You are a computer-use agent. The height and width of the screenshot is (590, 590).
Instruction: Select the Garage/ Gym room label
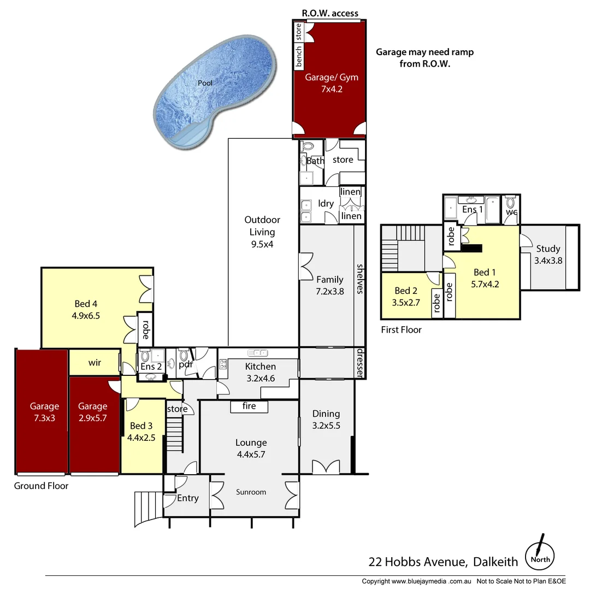(331, 82)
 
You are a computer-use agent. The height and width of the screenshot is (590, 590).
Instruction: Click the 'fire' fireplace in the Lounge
(249, 406)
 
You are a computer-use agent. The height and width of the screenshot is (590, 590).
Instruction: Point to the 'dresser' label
(360, 363)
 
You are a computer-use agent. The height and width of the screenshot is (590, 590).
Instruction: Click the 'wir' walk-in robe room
(94, 363)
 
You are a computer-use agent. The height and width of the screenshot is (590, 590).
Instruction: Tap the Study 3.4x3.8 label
(548, 255)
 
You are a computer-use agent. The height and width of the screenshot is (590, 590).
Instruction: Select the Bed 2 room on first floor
(406, 296)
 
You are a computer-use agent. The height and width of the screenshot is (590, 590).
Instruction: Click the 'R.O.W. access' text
(330, 14)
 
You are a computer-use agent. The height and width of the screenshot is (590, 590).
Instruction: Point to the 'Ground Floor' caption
(41, 486)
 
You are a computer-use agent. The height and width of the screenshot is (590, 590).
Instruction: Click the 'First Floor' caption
(401, 330)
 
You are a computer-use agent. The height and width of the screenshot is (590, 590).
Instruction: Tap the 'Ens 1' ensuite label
(473, 209)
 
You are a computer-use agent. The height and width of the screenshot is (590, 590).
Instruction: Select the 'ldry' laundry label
(326, 203)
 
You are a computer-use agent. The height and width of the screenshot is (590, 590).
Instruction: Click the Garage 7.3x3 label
(44, 411)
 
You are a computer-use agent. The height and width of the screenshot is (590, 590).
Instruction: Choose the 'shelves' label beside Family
(360, 279)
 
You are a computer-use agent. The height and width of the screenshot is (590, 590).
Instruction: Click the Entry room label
(187, 498)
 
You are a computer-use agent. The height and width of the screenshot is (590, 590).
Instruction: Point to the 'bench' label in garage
(299, 57)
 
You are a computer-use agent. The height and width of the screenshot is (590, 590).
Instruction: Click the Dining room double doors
(326, 467)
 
